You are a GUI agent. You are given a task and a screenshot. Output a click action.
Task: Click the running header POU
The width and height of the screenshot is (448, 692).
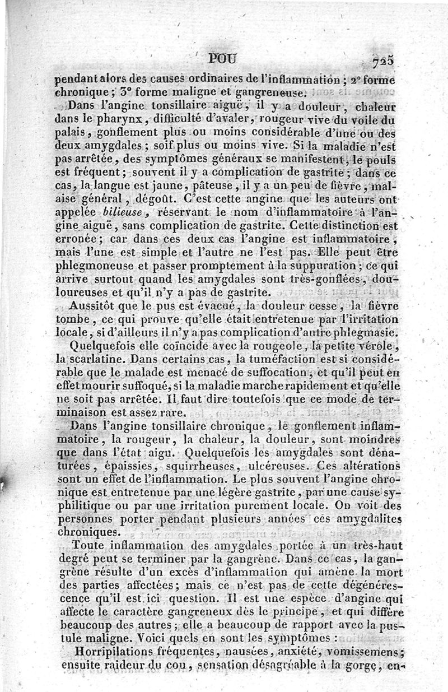(x=222, y=59)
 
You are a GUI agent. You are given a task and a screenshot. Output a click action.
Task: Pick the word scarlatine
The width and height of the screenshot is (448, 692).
(x=103, y=360)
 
